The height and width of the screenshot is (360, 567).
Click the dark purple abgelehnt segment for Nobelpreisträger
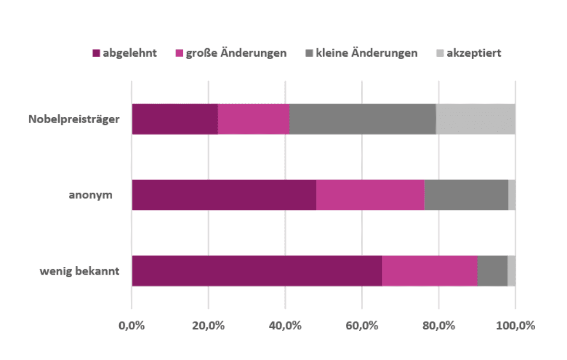coord(175,119)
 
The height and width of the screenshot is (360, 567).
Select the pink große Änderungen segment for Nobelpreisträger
coord(253,119)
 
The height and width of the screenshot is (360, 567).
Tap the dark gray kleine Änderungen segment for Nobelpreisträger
coord(363,119)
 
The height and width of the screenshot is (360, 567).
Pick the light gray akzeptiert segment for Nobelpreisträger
coord(476,119)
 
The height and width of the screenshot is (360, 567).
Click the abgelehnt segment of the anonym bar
coord(224,195)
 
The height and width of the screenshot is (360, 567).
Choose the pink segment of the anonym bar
coord(370,195)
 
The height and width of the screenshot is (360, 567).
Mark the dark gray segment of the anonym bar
coord(466,195)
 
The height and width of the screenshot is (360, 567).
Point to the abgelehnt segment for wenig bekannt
coord(257,271)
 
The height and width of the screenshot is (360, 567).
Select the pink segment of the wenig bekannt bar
coord(429,271)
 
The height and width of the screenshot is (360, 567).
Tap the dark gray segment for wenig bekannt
coord(492,271)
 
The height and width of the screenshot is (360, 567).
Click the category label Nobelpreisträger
coord(74,119)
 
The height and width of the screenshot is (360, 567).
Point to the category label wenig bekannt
coord(79,271)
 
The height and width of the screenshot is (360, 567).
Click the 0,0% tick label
coord(132,325)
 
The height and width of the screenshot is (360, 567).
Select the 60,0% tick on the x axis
coord(362,325)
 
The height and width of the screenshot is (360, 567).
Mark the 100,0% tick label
coord(516,325)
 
